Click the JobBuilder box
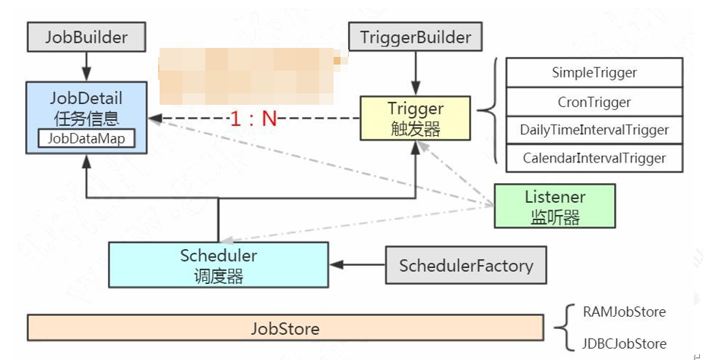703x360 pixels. pos(86,37)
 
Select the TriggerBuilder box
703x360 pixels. pos(415,37)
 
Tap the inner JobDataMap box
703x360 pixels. pos(86,138)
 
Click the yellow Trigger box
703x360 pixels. pos(415,118)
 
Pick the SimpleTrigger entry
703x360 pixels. pos(594,73)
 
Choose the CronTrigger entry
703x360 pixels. pos(594,102)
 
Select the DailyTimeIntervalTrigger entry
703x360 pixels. pos(594,130)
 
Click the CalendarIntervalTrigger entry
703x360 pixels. pos(594,158)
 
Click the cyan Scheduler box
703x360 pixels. pos(218,265)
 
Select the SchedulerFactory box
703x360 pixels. pos(466,266)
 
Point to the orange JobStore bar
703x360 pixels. pos(285,329)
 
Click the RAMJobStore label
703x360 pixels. pos(624,312)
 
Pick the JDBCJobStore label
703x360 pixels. pos(625,343)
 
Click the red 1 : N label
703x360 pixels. pos(254,118)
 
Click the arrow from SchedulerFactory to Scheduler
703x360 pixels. pos(357,265)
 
